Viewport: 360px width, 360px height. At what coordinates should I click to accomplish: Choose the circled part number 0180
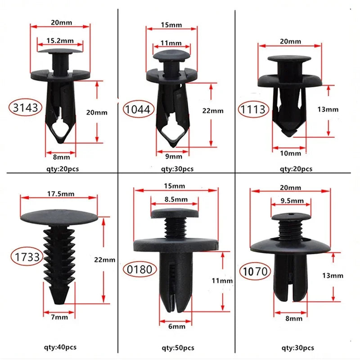coord(140,270)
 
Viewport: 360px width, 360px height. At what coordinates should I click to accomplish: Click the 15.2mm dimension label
coord(60,41)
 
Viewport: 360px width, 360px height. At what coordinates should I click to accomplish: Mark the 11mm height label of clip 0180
coord(222,280)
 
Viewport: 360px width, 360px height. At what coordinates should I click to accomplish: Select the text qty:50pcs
coord(178,348)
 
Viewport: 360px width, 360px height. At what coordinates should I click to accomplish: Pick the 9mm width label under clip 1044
coord(173,157)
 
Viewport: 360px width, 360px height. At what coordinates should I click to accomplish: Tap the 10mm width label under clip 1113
coord(290,153)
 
